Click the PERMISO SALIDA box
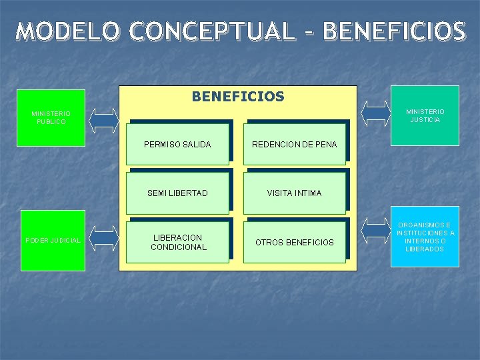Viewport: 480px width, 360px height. tap(177, 144)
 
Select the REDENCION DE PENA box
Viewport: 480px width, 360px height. tap(294, 144)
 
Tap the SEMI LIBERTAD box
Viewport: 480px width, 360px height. tap(177, 193)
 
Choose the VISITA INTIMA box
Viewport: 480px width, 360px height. tap(294, 193)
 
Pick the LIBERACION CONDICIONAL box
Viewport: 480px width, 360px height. tap(177, 242)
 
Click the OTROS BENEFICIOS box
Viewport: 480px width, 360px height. tap(294, 242)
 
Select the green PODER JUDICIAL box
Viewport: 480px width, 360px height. tap(53, 240)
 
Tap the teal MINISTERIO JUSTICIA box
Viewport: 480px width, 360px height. tap(425, 115)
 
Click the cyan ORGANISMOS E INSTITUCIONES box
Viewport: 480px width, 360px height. tap(425, 237)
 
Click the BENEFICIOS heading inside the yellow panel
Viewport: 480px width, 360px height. tap(238, 97)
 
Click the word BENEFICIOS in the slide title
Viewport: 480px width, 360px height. tap(393, 31)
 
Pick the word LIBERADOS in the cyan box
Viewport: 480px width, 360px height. tap(425, 249)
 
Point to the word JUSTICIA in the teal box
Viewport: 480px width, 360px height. tap(425, 120)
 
